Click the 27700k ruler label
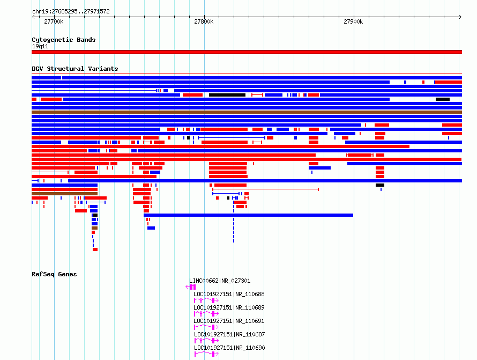(x=54, y=21)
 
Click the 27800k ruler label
(x=204, y=21)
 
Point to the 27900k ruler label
(x=353, y=21)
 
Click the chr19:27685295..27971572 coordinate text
(x=71, y=12)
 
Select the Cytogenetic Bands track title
(x=64, y=40)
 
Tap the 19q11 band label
(x=40, y=46)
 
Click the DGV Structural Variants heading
(x=75, y=69)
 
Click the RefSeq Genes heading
(x=54, y=274)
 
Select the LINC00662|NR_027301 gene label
(x=220, y=281)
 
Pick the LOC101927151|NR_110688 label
(x=229, y=294)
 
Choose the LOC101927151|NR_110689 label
(x=229, y=307)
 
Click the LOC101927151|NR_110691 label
(x=229, y=321)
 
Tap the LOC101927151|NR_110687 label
(x=229, y=334)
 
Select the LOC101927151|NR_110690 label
(x=229, y=348)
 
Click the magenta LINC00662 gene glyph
(x=191, y=287)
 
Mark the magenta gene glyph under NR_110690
(x=206, y=354)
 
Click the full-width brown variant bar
(x=247, y=112)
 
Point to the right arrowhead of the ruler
(x=460, y=17)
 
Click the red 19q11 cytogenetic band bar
(x=247, y=52)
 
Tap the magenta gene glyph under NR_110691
(x=206, y=327)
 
